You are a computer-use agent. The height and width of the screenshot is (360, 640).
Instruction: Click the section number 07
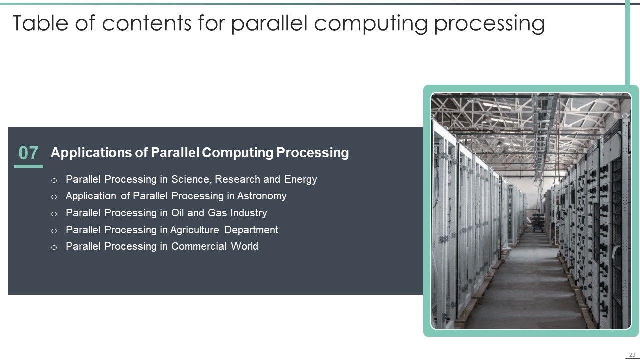pyautogui.click(x=28, y=153)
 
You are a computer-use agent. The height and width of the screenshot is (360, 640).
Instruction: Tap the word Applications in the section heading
pyautogui.click(x=91, y=153)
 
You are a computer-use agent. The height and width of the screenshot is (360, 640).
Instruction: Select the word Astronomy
pyautogui.click(x=262, y=196)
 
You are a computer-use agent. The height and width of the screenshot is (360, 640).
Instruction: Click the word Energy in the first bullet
pyautogui.click(x=301, y=180)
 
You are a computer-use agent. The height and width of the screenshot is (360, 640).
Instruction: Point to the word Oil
pyautogui.click(x=177, y=213)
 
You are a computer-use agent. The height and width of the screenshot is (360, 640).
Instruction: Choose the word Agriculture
pyautogui.click(x=195, y=230)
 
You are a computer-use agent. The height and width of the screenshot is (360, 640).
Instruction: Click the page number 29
pyautogui.click(x=632, y=355)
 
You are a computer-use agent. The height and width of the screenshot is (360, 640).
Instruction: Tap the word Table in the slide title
pyautogui.click(x=40, y=23)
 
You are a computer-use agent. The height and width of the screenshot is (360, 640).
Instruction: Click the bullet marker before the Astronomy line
pyautogui.click(x=54, y=197)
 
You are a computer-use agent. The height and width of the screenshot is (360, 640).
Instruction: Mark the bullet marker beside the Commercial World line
pyautogui.click(x=54, y=247)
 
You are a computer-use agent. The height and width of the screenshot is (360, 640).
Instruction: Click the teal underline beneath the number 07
pyautogui.click(x=29, y=166)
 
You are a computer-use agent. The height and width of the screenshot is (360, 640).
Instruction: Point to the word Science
pyautogui.click(x=191, y=179)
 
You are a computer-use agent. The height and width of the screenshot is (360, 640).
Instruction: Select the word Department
pyautogui.click(x=251, y=230)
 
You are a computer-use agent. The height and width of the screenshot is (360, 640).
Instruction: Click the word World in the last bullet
pyautogui.click(x=245, y=246)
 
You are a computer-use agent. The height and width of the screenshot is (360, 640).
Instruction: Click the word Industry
pyautogui.click(x=249, y=213)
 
